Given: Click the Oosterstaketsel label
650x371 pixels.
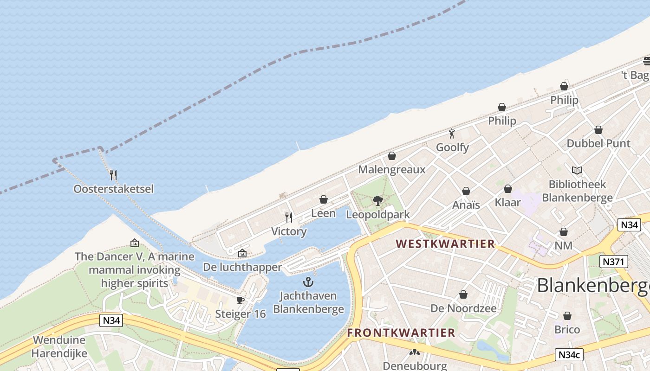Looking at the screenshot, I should [113, 189].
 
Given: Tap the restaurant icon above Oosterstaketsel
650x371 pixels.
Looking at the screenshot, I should [113, 175].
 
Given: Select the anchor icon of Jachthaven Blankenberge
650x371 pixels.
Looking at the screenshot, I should [308, 282].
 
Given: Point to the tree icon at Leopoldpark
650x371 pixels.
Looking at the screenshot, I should [378, 201].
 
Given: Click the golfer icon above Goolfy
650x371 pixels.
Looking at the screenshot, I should [452, 134].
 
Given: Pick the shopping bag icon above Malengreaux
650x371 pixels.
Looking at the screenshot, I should [392, 156].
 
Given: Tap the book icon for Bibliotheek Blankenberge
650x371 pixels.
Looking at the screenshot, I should [577, 171].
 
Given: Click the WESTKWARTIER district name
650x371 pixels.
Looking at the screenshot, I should [445, 244].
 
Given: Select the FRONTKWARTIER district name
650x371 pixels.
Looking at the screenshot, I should [401, 333].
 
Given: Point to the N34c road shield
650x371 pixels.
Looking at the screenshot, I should [569, 355].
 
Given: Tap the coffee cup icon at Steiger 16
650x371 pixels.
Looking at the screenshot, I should [240, 301].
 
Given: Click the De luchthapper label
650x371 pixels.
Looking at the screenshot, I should [242, 267].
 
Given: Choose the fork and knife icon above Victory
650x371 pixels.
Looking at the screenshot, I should [289, 217].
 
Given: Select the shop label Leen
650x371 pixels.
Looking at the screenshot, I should [323, 213].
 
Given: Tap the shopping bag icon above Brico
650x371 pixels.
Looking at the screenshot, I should [567, 316].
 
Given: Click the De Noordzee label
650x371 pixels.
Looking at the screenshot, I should [463, 308].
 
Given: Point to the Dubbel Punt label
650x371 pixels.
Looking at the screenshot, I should [598, 143].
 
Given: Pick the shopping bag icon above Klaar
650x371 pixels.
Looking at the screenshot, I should [508, 189].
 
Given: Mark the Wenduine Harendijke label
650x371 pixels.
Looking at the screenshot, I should [59, 346].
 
